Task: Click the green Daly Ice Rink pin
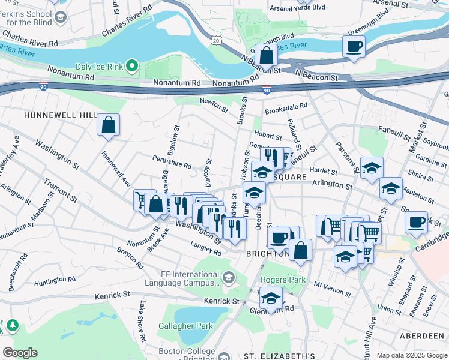[x=134, y=66]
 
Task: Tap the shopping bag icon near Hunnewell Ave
[x=108, y=125]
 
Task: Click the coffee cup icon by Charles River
[x=354, y=46]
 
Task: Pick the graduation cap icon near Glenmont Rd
[x=271, y=298]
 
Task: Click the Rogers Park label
[x=283, y=280]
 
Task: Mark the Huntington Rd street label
[x=55, y=280]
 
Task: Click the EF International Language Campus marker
[x=228, y=277]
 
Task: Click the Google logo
[x=20, y=353]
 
